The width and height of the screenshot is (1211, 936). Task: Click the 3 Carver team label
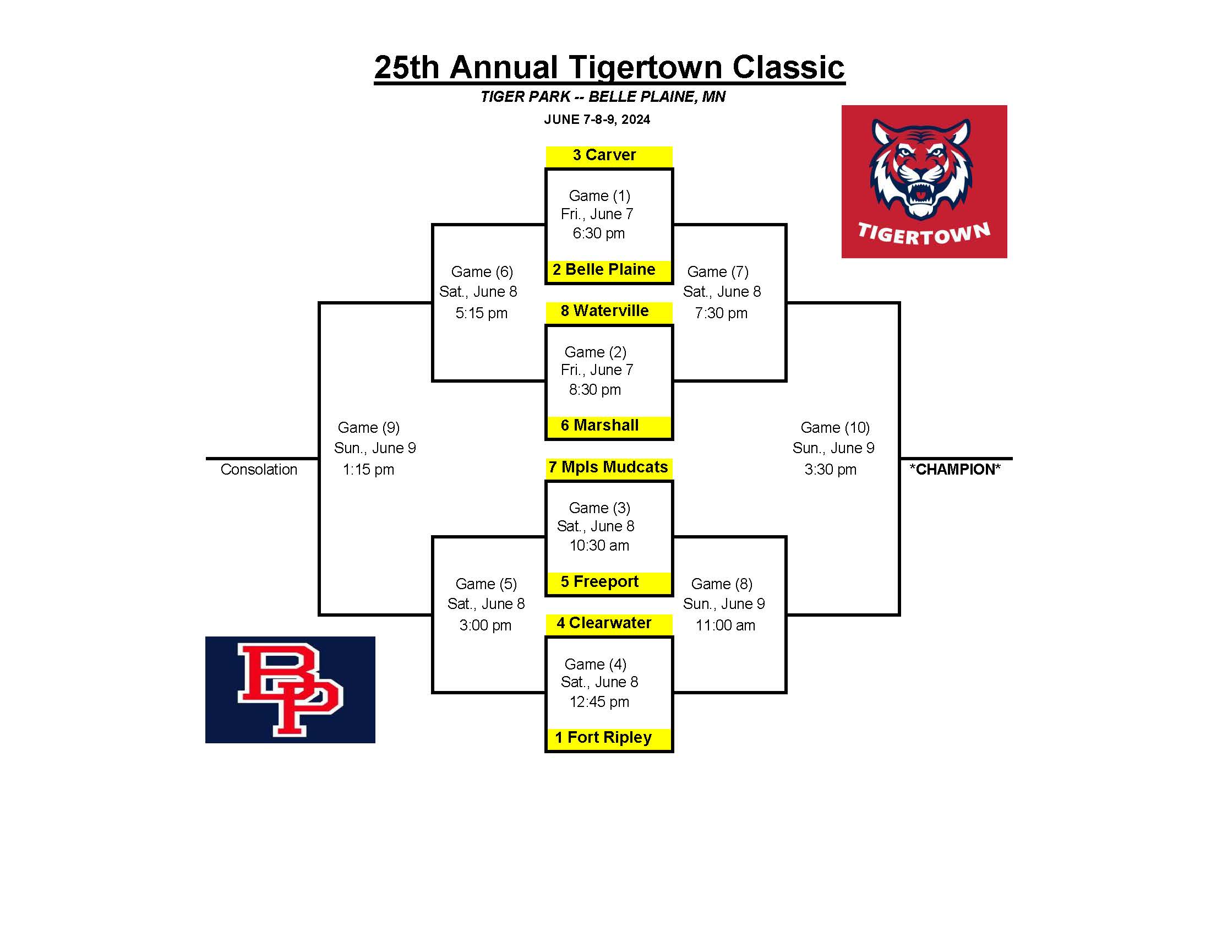click(x=604, y=155)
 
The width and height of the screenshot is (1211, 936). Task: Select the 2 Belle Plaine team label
click(x=604, y=269)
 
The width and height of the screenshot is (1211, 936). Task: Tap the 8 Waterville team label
click(x=604, y=311)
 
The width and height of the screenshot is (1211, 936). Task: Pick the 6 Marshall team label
click(x=599, y=425)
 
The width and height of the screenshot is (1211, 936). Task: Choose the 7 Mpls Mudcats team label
click(x=608, y=467)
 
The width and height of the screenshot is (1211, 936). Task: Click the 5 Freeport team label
click(x=599, y=581)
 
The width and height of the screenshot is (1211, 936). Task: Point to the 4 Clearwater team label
click(x=604, y=623)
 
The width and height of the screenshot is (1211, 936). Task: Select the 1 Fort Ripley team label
click(x=603, y=737)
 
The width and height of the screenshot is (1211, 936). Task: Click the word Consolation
click(x=259, y=470)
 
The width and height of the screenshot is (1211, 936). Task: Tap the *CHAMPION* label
click(x=956, y=470)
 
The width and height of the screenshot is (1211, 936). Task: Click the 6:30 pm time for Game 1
click(x=599, y=233)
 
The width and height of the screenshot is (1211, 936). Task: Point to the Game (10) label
click(x=835, y=427)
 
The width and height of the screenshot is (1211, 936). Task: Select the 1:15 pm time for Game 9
click(x=368, y=470)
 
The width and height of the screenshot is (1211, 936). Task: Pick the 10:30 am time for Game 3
click(x=599, y=546)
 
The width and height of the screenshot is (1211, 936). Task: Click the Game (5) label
click(x=486, y=584)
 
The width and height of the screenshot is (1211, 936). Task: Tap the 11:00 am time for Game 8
click(x=725, y=625)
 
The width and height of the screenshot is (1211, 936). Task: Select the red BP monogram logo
click(x=290, y=690)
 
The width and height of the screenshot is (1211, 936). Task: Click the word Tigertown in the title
click(x=646, y=68)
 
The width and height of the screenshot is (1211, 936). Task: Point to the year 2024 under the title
click(x=635, y=120)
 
